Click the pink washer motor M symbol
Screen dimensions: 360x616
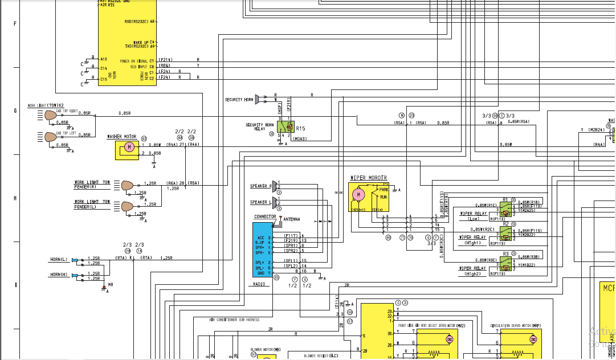pos(129,148)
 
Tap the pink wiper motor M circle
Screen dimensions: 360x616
pos(358,195)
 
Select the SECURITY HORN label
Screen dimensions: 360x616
pos(238,100)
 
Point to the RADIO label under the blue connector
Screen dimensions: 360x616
pos(259,284)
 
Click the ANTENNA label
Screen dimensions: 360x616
pos(291,219)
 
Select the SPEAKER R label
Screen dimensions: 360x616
pos(261,186)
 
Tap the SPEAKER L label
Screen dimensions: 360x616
pos(261,202)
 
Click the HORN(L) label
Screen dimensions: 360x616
pos(59,260)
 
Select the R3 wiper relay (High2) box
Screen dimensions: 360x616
pos(505,261)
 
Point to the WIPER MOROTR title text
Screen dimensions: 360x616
pos(368,178)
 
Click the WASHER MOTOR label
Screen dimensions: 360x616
pos(122,137)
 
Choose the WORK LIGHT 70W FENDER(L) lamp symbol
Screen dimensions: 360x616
pos(127,206)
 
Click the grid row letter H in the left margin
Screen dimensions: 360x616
pos(15,198)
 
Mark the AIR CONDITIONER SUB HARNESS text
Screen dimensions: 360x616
pos(234,320)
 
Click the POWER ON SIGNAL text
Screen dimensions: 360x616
pos(134,61)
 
